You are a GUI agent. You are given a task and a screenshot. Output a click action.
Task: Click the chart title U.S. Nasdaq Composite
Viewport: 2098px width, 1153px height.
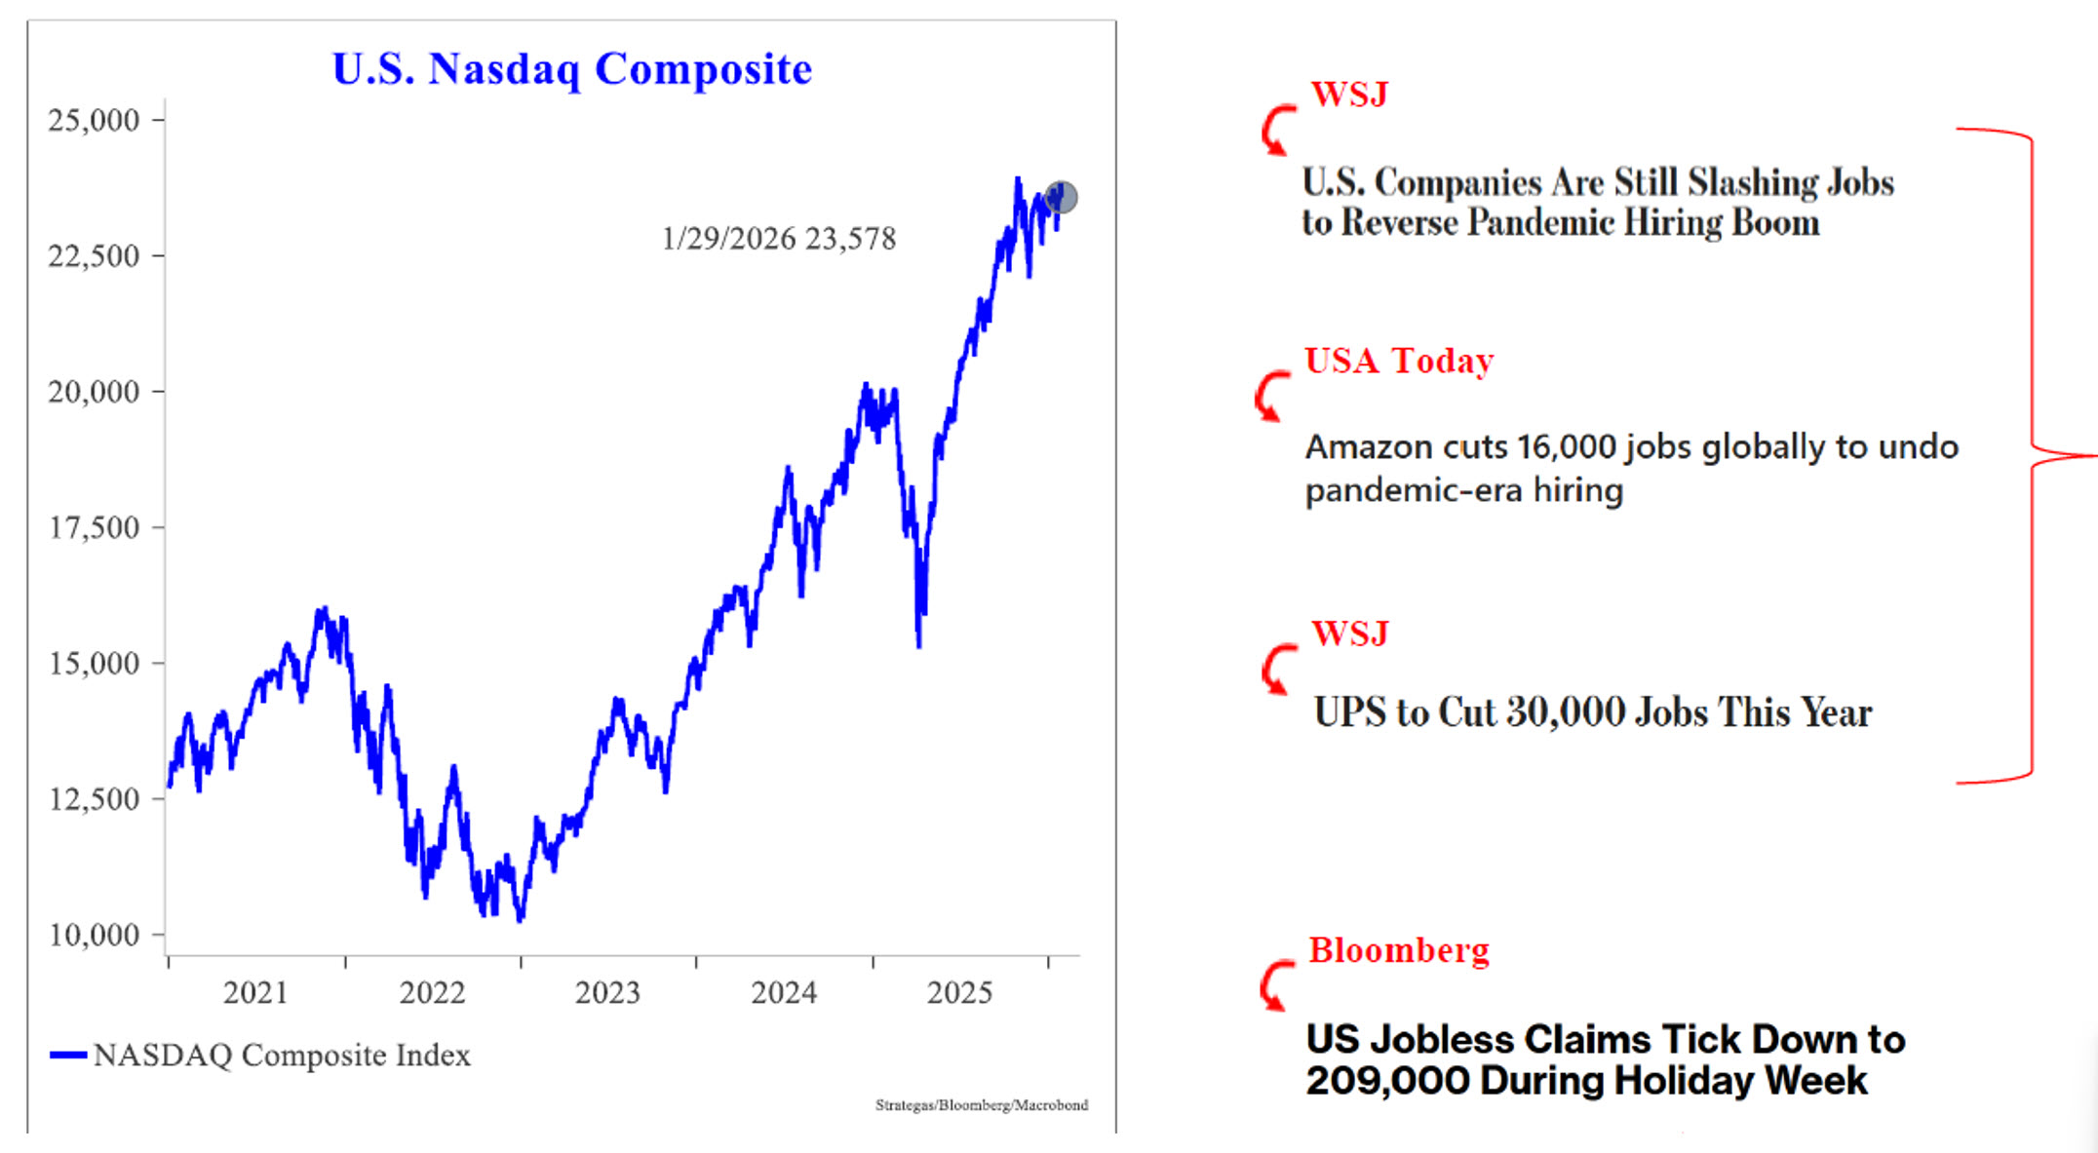click(x=572, y=69)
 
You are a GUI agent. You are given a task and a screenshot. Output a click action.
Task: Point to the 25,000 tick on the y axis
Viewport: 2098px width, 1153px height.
click(x=94, y=120)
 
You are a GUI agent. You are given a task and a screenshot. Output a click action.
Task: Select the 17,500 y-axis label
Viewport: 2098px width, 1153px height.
click(x=94, y=527)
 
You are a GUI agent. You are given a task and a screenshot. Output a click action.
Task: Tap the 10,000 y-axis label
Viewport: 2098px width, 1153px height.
click(x=94, y=935)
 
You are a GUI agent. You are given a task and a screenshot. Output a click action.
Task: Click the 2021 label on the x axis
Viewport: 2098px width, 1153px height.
click(x=255, y=992)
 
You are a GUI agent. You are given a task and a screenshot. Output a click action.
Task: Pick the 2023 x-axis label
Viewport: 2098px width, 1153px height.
click(x=607, y=992)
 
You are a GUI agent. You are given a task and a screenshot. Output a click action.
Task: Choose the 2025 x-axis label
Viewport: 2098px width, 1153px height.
click(x=959, y=992)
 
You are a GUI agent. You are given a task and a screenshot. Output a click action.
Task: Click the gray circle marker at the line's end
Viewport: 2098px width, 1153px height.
click(x=1062, y=197)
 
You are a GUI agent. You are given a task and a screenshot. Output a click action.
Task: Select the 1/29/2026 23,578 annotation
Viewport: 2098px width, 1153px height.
click(x=778, y=239)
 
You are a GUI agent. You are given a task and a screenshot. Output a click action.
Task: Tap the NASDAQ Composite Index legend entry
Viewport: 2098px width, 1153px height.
click(x=281, y=1055)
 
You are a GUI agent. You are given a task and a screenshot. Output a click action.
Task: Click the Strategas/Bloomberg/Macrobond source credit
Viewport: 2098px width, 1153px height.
click(x=981, y=1105)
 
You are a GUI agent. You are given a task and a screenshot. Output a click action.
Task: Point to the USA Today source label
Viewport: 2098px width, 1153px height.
click(x=1399, y=361)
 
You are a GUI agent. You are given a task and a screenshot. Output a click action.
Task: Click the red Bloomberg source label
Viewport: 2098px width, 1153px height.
click(x=1399, y=949)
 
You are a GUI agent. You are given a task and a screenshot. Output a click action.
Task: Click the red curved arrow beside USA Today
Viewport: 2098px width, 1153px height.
click(x=1270, y=396)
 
